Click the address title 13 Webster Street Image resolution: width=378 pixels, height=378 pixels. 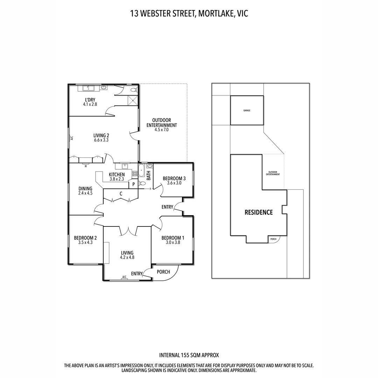[x=162, y=14]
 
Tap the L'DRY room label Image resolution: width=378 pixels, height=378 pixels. [x=90, y=100]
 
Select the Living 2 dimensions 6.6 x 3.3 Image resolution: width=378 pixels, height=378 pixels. [x=101, y=140]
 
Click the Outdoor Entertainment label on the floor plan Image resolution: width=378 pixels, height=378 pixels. [x=161, y=122]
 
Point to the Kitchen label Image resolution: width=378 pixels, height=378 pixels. [x=117, y=175]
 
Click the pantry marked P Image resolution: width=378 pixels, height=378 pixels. [x=133, y=184]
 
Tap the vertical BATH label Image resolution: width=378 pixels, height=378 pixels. [x=148, y=175]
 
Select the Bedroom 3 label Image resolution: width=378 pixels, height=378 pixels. [x=174, y=178]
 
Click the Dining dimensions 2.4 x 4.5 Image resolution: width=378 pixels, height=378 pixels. [x=85, y=193]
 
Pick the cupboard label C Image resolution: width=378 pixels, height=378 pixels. [x=121, y=194]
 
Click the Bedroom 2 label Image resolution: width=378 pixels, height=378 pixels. [x=85, y=238]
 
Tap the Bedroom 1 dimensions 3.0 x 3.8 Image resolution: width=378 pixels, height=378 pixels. [x=173, y=242]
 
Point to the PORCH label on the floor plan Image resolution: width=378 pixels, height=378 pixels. [x=163, y=272]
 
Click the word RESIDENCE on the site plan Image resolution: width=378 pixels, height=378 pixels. [x=259, y=212]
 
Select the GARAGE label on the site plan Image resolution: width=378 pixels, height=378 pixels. [x=247, y=110]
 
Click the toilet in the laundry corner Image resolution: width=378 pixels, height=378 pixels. [x=134, y=90]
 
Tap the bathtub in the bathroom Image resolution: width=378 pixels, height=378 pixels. [x=141, y=170]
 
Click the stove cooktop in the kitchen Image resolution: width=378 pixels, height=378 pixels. [x=135, y=173]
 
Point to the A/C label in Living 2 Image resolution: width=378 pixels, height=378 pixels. [x=72, y=138]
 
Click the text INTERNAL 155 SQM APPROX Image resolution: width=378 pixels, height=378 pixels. [x=189, y=355]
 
